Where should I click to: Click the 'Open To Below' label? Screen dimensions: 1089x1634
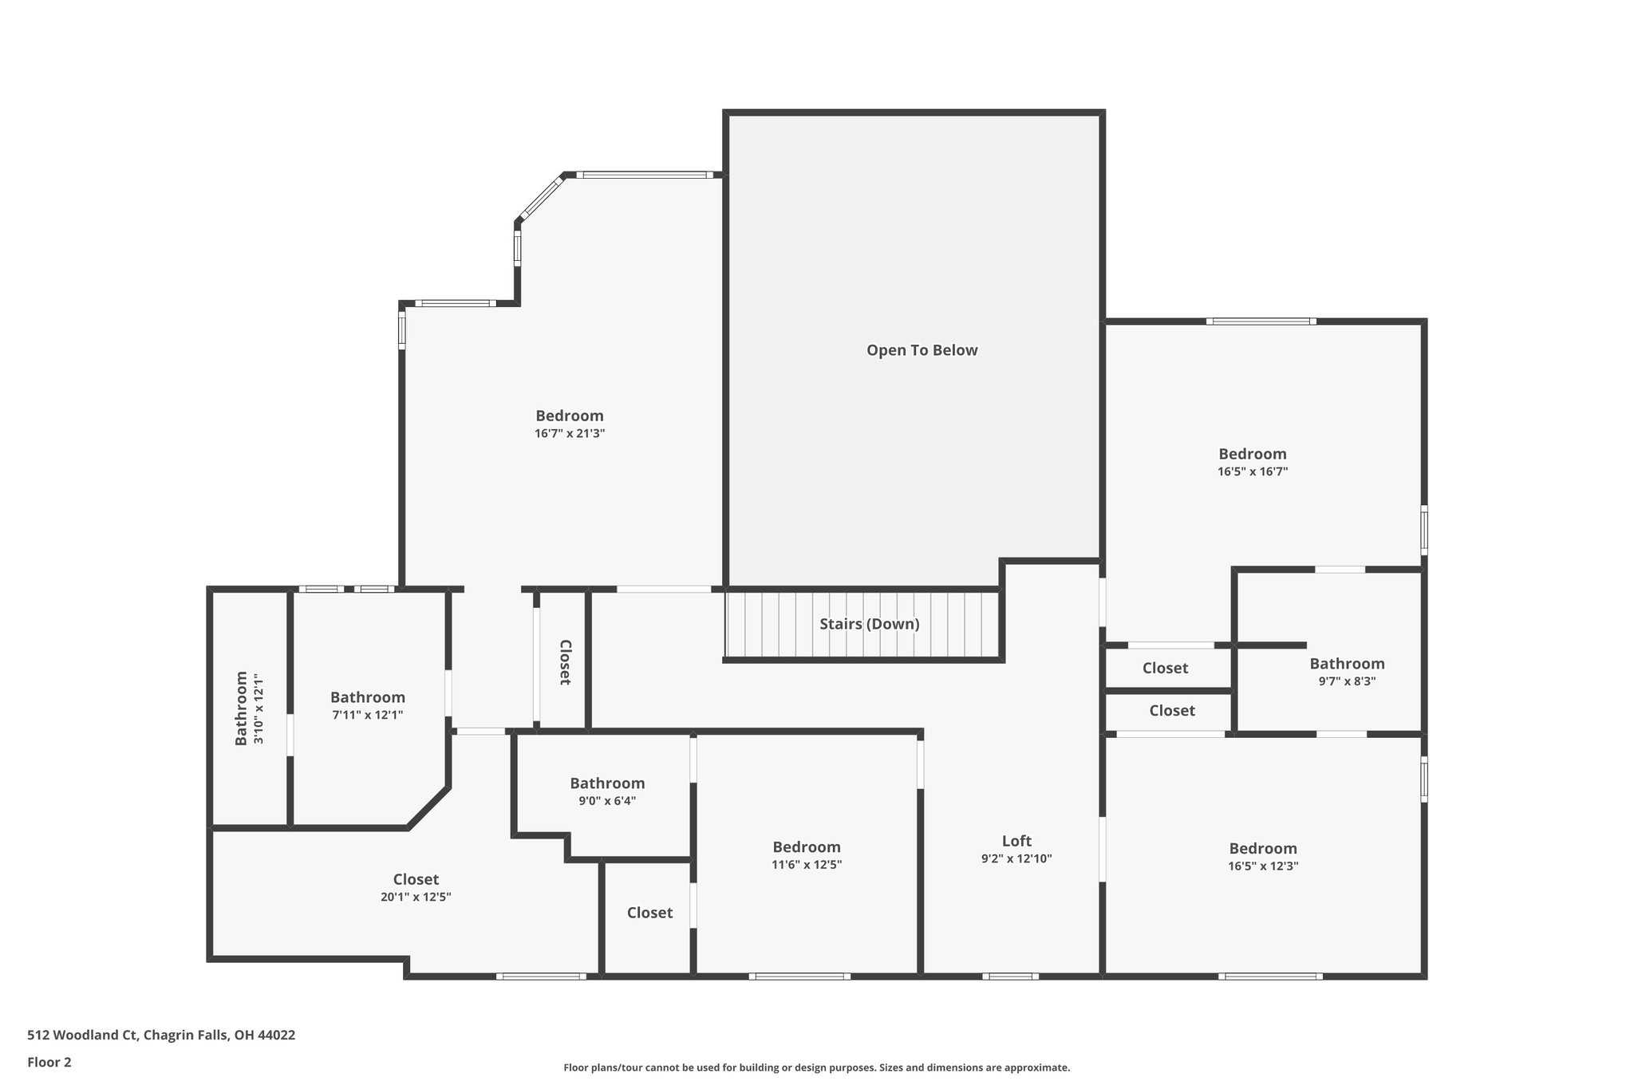click(922, 350)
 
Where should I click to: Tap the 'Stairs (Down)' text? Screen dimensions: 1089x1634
click(869, 624)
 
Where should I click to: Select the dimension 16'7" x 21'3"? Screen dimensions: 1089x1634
click(570, 434)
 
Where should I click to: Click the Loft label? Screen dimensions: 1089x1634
click(1016, 841)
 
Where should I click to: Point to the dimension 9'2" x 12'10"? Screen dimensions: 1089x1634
click(1016, 859)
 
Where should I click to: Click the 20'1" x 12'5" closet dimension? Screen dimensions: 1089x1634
click(416, 897)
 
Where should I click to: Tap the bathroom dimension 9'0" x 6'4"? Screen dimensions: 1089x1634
click(607, 801)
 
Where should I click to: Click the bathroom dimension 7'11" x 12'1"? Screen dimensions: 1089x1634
click(367, 715)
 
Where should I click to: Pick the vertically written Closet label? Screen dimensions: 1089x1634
click(564, 662)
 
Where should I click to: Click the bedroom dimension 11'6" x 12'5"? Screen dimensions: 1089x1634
click(806, 865)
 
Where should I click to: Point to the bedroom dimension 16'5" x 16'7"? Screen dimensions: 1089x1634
click(1252, 472)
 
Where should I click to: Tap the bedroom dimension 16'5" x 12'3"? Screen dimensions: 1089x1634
click(1263, 866)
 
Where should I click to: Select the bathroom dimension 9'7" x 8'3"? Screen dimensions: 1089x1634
click(1347, 681)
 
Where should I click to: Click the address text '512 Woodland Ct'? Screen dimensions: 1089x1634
click(83, 1036)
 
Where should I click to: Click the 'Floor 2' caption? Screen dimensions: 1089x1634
click(49, 1063)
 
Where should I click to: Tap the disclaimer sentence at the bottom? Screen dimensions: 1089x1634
click(816, 1067)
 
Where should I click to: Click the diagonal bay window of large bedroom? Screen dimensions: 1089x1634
click(540, 197)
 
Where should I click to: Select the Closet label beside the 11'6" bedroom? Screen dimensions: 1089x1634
click(649, 913)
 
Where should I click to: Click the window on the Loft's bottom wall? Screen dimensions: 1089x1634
click(1010, 976)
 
